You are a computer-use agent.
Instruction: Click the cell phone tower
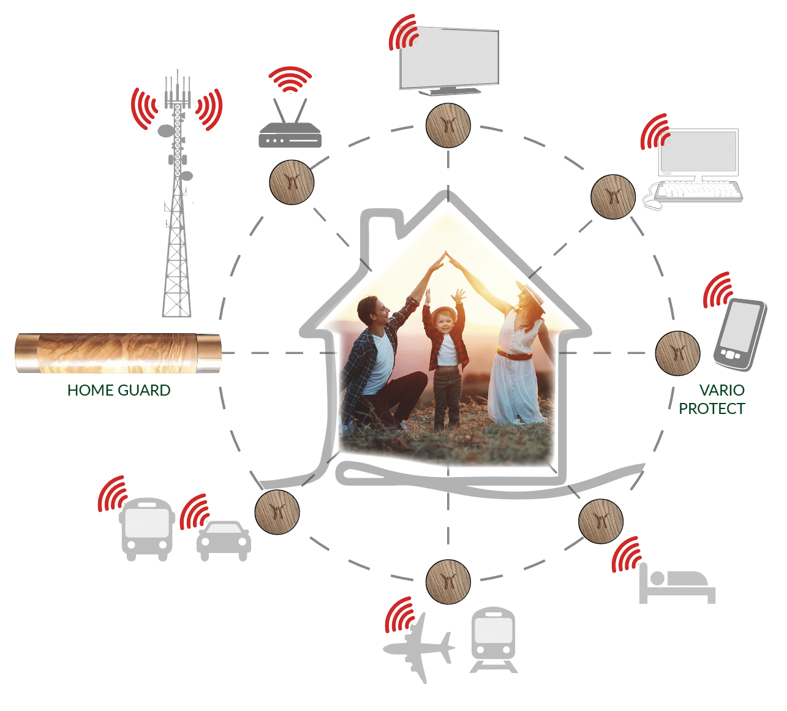point(177,202)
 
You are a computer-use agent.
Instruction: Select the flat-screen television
point(449,59)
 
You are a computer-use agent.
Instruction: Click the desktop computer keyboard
point(698,191)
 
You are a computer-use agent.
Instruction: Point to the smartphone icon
point(739,334)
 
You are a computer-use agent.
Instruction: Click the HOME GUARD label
point(119,390)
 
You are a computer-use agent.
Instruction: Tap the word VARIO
point(721,390)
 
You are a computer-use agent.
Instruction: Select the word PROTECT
point(712,408)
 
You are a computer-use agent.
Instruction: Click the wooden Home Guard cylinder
point(118,353)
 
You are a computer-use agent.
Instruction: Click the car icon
point(224,540)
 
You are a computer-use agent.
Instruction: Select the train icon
point(493,638)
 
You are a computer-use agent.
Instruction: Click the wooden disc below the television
point(448,126)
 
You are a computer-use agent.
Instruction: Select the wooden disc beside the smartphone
point(677,353)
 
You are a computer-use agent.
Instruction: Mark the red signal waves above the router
point(290,78)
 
